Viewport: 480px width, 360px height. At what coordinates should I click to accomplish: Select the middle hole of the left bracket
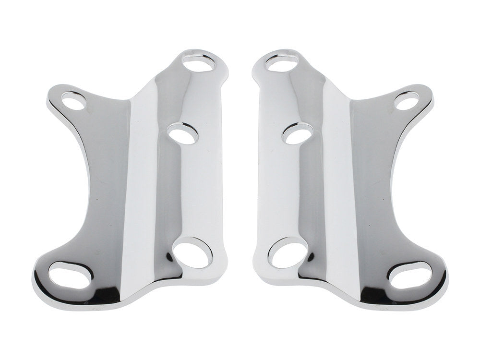click(183, 134)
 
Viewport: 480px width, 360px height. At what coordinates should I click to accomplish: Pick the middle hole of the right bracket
click(298, 134)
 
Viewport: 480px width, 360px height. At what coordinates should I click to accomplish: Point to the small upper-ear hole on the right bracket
click(406, 101)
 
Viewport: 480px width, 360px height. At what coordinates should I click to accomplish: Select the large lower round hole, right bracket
click(288, 253)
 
